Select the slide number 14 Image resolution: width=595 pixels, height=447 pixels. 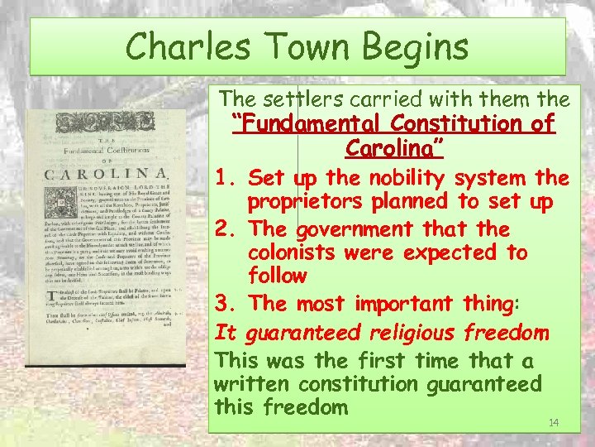pyautogui.click(x=554, y=423)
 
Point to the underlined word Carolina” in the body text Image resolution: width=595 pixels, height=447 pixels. pyautogui.click(x=394, y=150)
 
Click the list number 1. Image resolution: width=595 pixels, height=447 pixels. pyautogui.click(x=222, y=178)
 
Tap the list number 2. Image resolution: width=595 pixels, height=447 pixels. pyautogui.click(x=222, y=229)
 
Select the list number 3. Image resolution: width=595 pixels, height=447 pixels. pyautogui.click(x=222, y=304)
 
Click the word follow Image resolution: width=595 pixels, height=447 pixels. pyautogui.click(x=277, y=276)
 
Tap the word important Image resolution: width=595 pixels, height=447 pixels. pyautogui.click(x=396, y=304)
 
